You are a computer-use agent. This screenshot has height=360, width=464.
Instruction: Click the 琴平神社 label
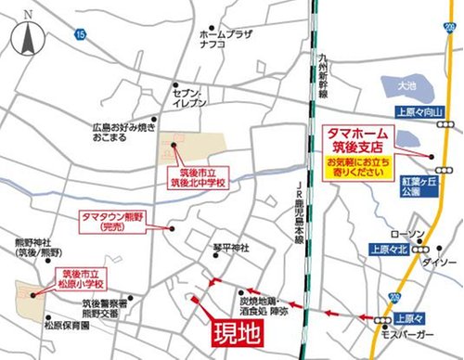231,249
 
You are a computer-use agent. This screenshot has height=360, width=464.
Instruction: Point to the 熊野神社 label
37,248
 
